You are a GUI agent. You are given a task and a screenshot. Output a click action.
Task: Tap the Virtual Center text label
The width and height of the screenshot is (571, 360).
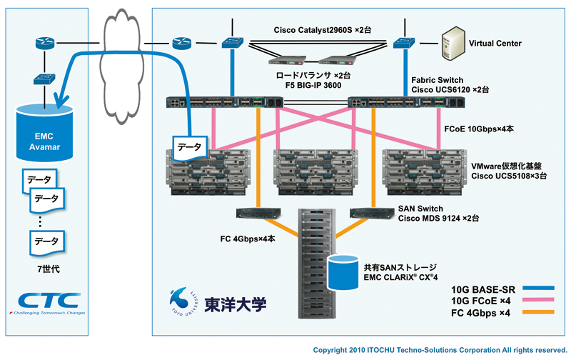(x=495, y=44)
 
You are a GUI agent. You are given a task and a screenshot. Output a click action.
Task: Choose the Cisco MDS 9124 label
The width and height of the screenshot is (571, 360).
(x=438, y=217)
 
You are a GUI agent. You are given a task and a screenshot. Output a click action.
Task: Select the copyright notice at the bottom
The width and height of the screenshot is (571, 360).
(x=440, y=350)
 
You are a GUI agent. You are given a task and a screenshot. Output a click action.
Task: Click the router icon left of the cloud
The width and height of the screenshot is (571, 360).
(x=41, y=44)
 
